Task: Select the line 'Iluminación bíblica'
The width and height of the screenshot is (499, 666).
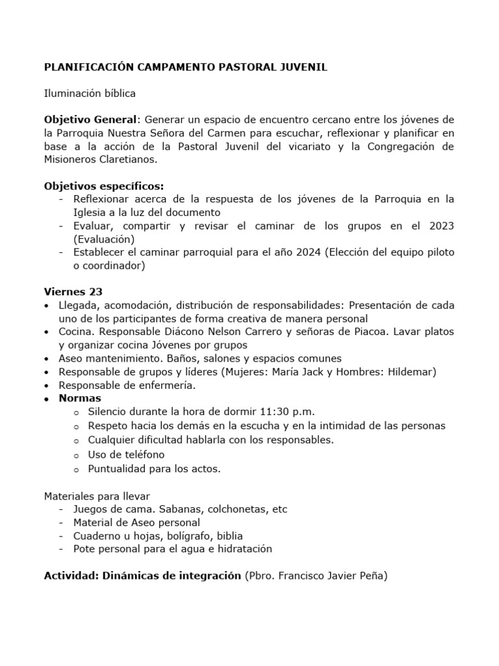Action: (90, 94)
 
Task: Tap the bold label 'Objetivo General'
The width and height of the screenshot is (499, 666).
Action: (91, 120)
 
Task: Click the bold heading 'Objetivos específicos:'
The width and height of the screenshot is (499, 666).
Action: (104, 186)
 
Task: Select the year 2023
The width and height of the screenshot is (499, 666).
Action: (441, 226)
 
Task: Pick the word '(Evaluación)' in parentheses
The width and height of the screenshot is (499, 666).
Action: (103, 239)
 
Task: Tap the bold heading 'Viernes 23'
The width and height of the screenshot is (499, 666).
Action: (73, 292)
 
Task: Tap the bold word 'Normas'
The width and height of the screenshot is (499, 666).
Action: (80, 398)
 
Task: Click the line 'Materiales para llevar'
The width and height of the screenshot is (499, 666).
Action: (97, 496)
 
